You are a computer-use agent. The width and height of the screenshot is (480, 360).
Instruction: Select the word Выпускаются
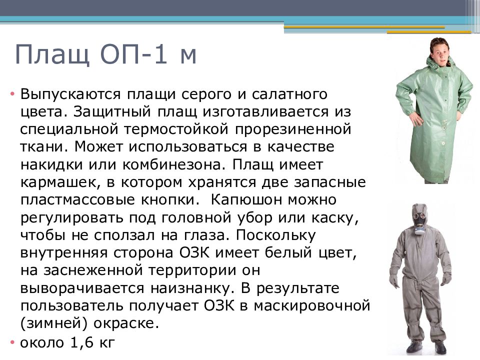click(x=69, y=94)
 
